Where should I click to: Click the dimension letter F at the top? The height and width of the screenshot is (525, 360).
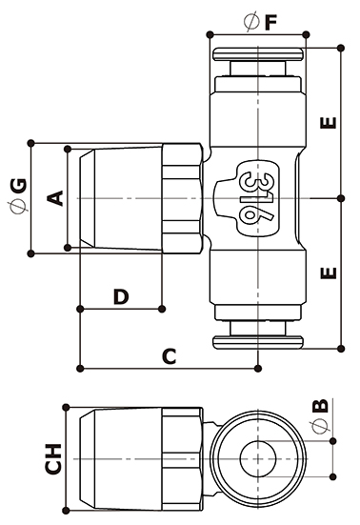[270, 23]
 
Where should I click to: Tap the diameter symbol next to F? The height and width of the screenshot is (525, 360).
[251, 21]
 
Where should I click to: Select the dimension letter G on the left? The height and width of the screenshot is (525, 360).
[18, 186]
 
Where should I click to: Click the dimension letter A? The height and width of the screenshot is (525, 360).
[55, 198]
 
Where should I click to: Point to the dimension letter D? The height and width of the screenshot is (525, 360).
[121, 296]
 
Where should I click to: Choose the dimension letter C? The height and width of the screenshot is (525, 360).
[170, 356]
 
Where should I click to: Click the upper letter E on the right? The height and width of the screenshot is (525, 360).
[329, 123]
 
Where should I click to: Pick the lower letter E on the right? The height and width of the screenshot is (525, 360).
[329, 273]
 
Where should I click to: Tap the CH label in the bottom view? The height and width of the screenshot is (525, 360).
[53, 459]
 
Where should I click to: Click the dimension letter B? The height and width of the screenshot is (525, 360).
[321, 406]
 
